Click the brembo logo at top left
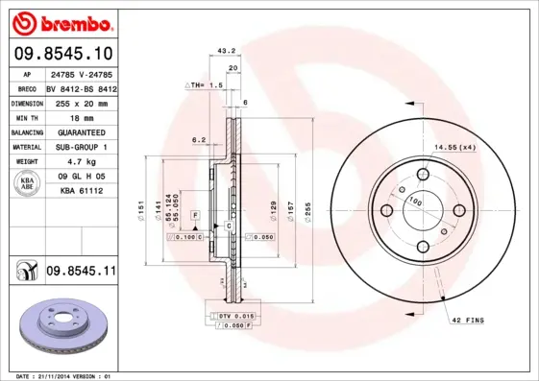click(x=62, y=22)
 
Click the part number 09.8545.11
click(x=80, y=272)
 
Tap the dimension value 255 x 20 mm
click(x=81, y=102)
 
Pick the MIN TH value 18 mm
click(x=81, y=117)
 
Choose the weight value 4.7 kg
click(x=81, y=162)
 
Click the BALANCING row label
click(x=27, y=131)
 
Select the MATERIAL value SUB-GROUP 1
click(x=81, y=147)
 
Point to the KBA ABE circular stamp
click(x=28, y=184)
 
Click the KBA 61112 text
click(x=81, y=191)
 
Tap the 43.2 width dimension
click(x=227, y=51)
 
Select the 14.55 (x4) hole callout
click(x=454, y=147)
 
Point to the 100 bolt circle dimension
click(x=416, y=202)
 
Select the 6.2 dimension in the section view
click(x=199, y=140)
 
